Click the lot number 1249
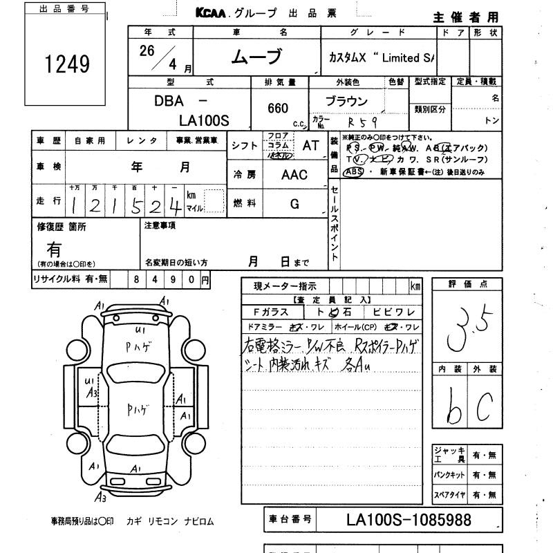tap(67, 64)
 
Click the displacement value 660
tap(278, 108)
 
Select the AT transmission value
tap(310, 145)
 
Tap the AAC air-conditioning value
tap(294, 175)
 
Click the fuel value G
tap(294, 203)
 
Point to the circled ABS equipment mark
tap(353, 172)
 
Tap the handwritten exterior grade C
tap(484, 409)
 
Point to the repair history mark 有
tap(53, 248)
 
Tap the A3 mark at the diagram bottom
tap(101, 496)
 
